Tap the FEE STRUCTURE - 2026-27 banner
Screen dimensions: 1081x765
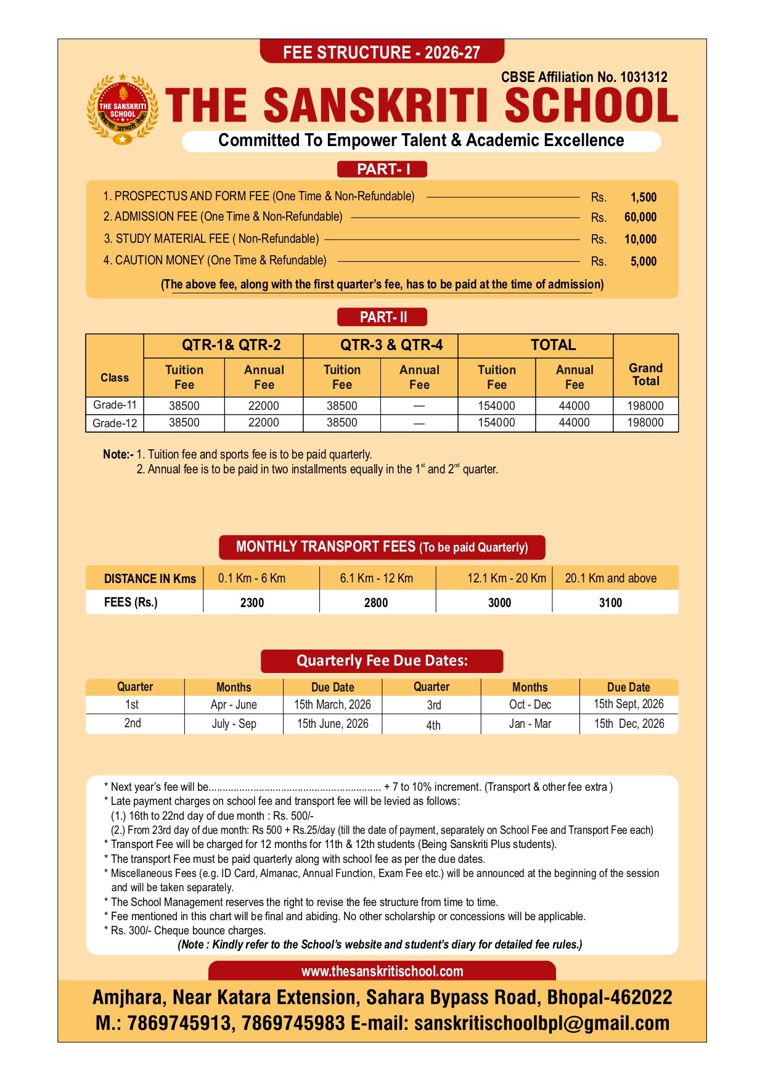pos(382,52)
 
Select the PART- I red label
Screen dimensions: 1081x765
pos(382,169)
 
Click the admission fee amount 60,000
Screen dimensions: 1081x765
pos(640,217)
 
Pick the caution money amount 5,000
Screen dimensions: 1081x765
pos(643,261)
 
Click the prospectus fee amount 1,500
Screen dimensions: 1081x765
pos(643,197)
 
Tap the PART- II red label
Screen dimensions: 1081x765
pos(382,317)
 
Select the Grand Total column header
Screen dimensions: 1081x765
pos(645,374)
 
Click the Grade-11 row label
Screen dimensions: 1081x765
pos(115,405)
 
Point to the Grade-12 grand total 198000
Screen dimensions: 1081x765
pos(645,423)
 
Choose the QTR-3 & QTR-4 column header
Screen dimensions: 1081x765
pos(391,345)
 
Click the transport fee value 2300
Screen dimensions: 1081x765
pos(252,603)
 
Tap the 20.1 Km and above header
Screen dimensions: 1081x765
pos(611,578)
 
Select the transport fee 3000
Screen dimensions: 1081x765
pos(499,603)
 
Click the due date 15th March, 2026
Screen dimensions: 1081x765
pos(332,704)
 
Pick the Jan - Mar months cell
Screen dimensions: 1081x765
pos(530,724)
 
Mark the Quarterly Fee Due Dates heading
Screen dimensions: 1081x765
pos(382,661)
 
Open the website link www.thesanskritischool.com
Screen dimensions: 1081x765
pos(382,971)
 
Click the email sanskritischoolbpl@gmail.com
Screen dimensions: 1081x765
pos(542,1023)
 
